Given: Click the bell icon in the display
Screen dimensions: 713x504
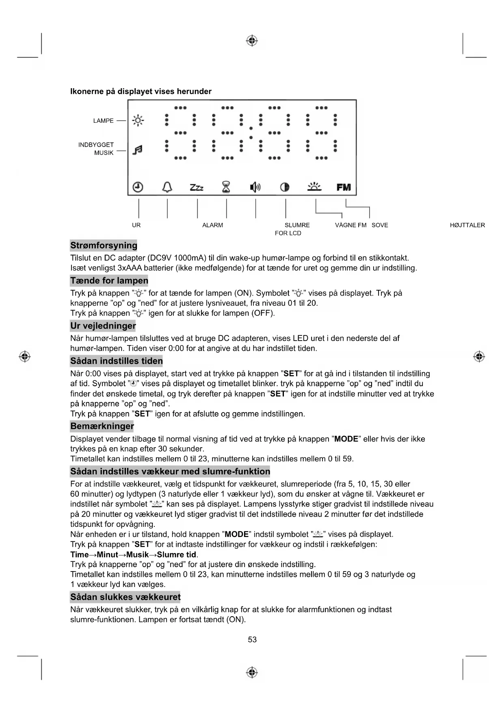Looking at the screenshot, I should (167, 187).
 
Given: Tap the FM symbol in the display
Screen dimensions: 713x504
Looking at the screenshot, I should (344, 187).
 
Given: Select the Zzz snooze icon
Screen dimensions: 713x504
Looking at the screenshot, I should (197, 187).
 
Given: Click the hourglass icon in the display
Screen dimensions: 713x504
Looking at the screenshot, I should (226, 187).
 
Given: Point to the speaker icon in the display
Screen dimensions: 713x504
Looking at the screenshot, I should (255, 187).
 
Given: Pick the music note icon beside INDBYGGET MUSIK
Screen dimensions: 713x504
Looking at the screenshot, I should (138, 150).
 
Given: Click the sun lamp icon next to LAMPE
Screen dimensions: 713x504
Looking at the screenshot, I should (138, 121).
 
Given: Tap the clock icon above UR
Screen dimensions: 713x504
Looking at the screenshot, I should (138, 187).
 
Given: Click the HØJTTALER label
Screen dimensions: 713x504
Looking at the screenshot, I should (467, 225).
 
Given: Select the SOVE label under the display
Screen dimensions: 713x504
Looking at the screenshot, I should (380, 225).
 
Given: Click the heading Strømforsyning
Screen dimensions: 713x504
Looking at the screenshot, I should (104, 246).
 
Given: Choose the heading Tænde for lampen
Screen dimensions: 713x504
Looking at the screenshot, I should (109, 280).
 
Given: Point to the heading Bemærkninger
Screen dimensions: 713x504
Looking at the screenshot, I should (102, 426).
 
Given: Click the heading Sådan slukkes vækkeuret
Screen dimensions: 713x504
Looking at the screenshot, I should (125, 597).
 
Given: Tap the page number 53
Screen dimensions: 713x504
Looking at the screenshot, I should (252, 639).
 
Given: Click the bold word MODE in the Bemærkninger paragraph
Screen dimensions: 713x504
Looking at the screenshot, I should (346, 439).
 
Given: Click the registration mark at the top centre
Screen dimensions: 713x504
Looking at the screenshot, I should (252, 41).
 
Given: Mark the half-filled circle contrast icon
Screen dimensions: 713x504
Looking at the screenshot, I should (285, 187).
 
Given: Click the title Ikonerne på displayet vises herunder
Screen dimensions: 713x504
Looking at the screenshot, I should (141, 91).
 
